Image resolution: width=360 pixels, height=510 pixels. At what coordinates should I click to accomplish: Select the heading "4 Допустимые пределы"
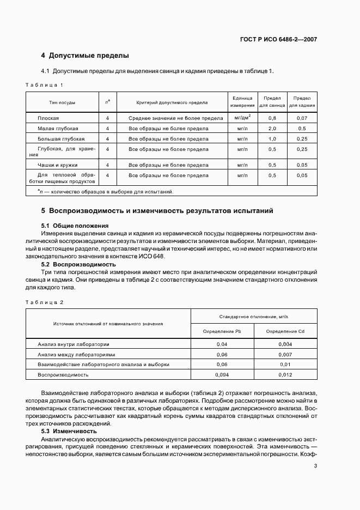pos(85,56)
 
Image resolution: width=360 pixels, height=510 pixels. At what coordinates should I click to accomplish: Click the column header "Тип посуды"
pos(62,102)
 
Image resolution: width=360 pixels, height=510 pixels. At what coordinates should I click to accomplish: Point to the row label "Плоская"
pos(48,118)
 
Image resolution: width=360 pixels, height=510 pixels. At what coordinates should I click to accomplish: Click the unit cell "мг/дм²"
pos(242,117)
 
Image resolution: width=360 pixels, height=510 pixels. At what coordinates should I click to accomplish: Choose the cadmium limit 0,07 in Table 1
pos(302,118)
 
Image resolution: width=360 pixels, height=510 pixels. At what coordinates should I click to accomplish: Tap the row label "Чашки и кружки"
pos(57,165)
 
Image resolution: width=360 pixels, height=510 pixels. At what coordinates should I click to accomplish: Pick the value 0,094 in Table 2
pos(222,375)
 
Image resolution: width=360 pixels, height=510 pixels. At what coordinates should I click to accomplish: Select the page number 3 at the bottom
pos(315,466)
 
